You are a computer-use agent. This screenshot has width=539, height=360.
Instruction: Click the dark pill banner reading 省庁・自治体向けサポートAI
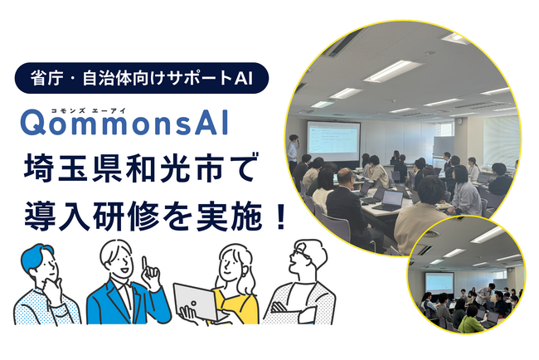pos(141,78)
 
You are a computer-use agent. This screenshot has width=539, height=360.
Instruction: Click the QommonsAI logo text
pos(124,123)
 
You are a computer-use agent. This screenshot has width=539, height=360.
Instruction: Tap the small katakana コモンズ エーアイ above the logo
pos(89,110)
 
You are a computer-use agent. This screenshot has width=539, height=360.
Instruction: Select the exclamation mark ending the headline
pos(280,216)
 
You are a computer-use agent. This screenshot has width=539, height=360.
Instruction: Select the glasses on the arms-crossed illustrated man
pos(299,254)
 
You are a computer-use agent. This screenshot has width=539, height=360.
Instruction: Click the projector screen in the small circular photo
pos(439,283)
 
